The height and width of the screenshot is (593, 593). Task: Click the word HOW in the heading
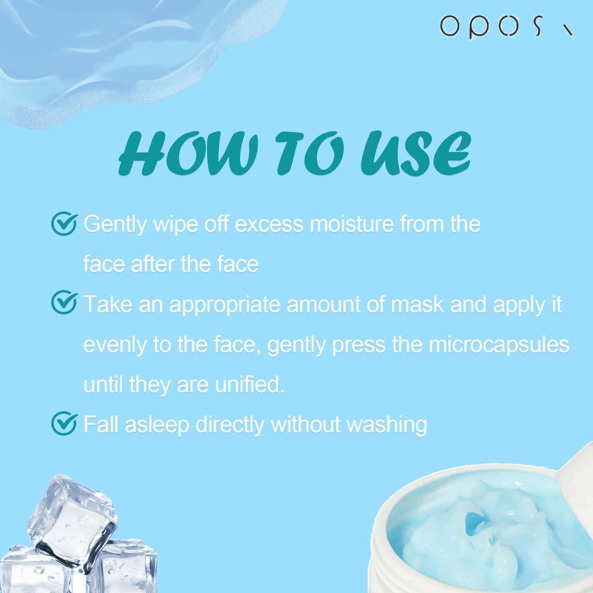point(188,153)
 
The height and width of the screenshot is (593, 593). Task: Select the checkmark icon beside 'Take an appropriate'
point(64,302)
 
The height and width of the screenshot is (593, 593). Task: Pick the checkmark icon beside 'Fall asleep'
point(64,423)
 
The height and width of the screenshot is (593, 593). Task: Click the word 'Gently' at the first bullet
point(115,224)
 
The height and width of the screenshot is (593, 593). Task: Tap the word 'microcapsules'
point(499,345)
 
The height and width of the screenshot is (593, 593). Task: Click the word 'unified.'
point(250,385)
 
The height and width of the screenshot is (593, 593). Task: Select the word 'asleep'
point(157,424)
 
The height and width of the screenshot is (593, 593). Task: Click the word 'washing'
point(387,425)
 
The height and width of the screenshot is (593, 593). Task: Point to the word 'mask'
point(417,305)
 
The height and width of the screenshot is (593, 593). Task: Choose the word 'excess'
point(269,225)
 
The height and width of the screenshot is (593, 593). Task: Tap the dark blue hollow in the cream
point(474,523)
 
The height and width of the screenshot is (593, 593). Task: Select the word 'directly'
point(230,425)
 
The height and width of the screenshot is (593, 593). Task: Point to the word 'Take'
point(108,304)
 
